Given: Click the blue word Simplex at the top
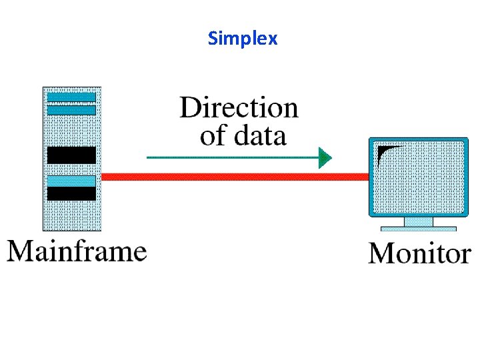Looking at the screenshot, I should click(243, 38).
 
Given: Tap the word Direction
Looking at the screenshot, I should click(239, 107).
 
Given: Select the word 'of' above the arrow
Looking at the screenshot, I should click(213, 136).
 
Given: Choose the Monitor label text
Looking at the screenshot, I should click(419, 253).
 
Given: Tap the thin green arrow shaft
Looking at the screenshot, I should click(233, 158).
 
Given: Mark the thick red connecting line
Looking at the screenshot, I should click(233, 177).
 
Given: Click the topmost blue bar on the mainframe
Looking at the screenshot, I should click(71, 97).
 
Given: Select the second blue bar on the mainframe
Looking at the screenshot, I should click(71, 109).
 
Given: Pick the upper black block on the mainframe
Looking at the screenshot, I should click(71, 155).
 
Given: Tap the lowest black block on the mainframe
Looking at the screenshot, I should click(71, 193).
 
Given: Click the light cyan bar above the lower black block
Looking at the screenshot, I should click(71, 181).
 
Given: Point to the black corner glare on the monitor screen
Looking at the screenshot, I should click(385, 153).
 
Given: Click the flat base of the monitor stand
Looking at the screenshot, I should click(418, 229).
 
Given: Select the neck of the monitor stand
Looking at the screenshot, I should click(418, 221).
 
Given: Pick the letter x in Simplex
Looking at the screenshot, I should click(272, 39).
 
